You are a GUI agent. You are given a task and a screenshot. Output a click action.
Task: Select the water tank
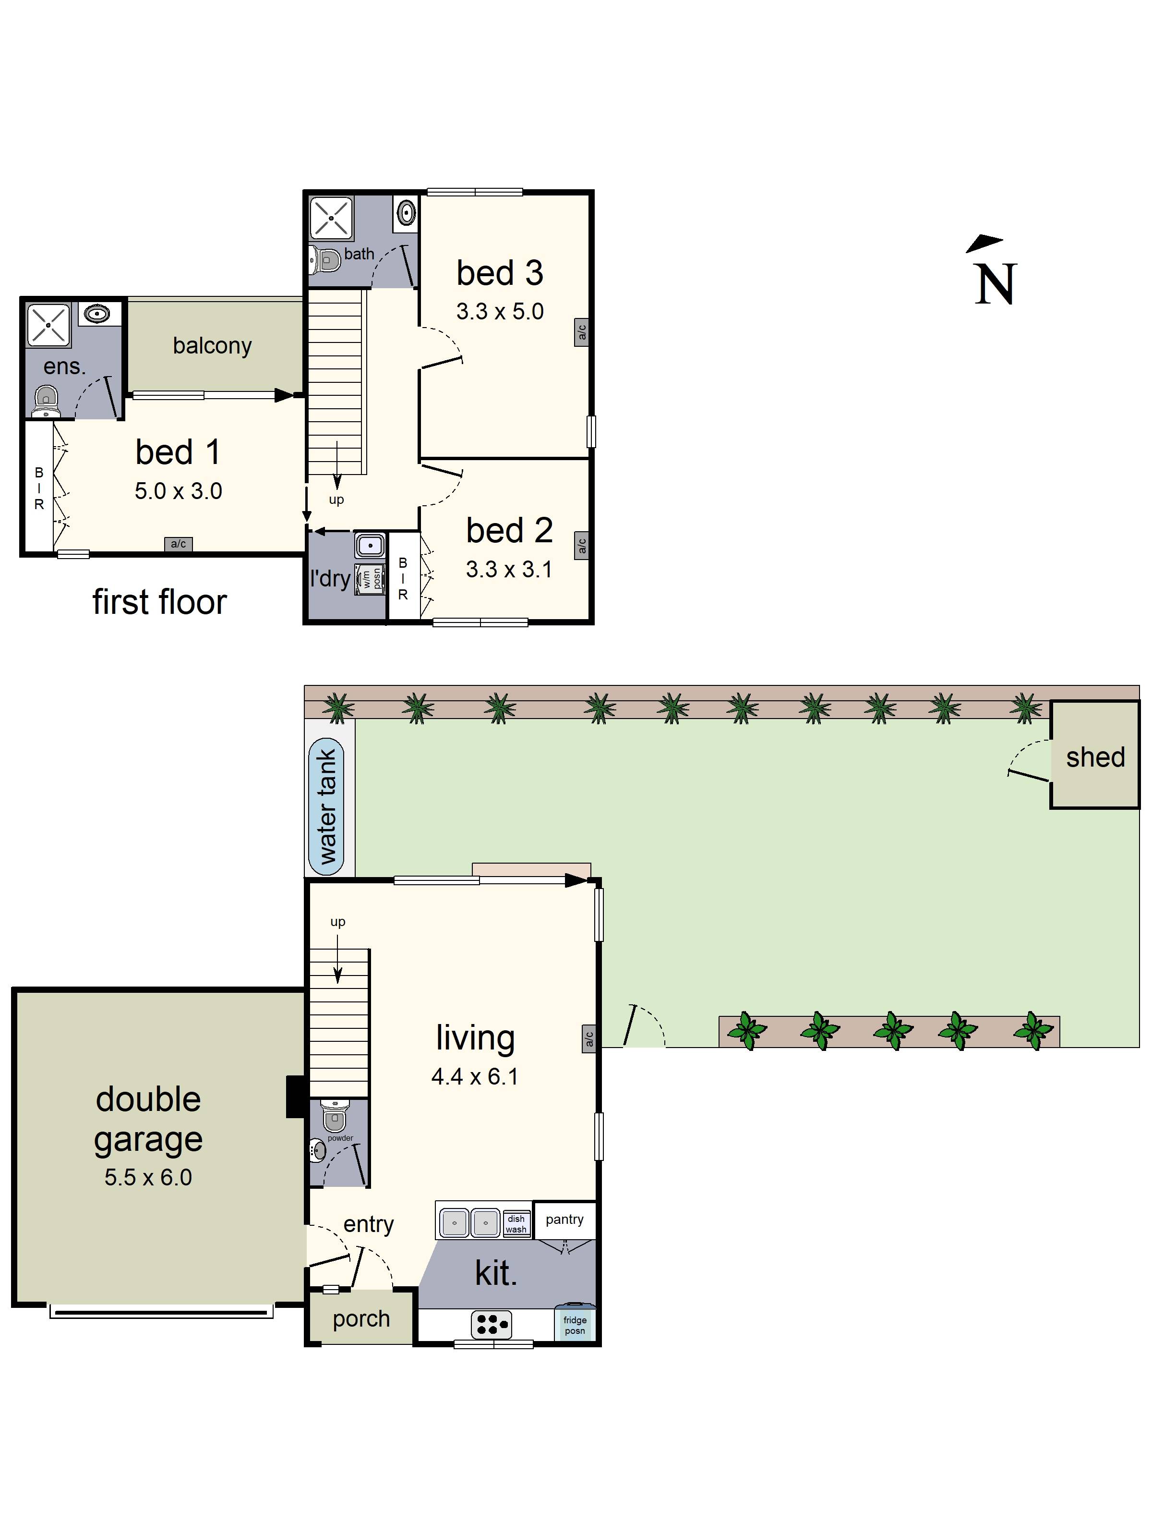(326, 806)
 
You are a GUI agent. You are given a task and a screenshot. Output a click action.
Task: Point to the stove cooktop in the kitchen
(491, 1324)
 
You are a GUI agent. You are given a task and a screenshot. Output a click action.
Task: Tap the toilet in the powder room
(335, 1117)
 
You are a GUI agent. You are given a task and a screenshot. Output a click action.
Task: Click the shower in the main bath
(331, 218)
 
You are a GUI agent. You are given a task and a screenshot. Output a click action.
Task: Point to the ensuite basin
(97, 314)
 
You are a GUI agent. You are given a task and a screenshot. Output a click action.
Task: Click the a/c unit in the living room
(589, 1039)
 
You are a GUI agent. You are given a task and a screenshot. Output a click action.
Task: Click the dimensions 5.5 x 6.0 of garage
(148, 1177)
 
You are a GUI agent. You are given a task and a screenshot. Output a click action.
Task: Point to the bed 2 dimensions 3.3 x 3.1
(508, 569)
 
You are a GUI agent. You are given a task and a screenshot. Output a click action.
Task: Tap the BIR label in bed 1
(39, 488)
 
